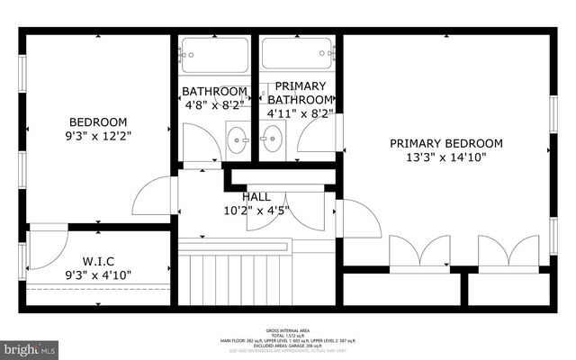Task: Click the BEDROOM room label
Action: coord(99,122)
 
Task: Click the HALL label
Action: coord(256,197)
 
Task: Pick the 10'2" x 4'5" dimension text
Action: coord(256,212)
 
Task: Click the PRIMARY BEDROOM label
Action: coord(445,144)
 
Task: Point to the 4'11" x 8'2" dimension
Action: coord(300,114)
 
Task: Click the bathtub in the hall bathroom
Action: coord(214,55)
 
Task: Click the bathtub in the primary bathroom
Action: coord(297,55)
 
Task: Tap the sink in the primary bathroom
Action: coord(271,140)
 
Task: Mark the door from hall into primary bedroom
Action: coord(358,219)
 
